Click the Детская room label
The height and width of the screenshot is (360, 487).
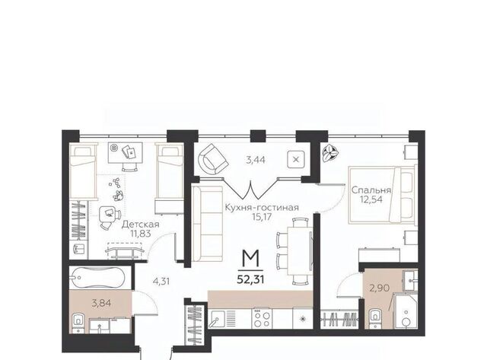click(x=140, y=225)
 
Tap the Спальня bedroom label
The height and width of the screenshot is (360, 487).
click(x=371, y=190)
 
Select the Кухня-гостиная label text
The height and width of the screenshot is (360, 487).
click(x=262, y=207)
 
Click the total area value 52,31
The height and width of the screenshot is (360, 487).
click(x=250, y=279)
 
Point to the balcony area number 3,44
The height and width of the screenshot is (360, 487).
click(x=256, y=161)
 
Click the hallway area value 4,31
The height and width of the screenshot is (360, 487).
click(x=161, y=282)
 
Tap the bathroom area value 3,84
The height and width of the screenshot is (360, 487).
click(x=101, y=303)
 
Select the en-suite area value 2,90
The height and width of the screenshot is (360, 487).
click(x=379, y=288)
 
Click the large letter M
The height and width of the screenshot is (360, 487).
click(x=250, y=259)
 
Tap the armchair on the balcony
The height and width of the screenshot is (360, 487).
click(x=214, y=159)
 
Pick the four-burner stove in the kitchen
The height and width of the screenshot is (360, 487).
click(x=263, y=317)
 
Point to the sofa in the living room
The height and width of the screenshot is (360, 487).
click(x=207, y=223)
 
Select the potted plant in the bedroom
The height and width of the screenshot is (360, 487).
click(x=330, y=154)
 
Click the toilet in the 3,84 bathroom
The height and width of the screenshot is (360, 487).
click(x=78, y=323)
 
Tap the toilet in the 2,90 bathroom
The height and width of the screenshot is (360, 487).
click(x=376, y=318)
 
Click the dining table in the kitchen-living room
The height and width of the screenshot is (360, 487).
click(x=299, y=251)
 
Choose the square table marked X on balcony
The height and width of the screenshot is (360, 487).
click(x=296, y=159)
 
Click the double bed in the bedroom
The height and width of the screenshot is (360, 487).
click(x=382, y=195)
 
